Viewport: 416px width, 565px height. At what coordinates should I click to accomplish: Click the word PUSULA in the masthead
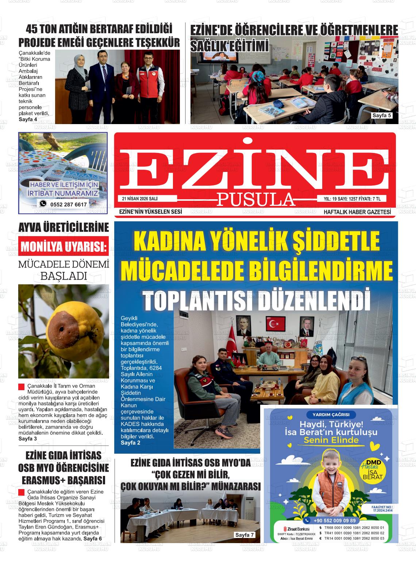[256, 199]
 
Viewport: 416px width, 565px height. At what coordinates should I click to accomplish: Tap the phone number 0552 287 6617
[69, 204]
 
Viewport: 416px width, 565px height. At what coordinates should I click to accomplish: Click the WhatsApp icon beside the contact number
[43, 204]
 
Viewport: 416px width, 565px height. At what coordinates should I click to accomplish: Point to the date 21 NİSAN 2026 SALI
[142, 199]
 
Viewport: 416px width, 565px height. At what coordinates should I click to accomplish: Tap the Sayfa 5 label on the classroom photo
[381, 116]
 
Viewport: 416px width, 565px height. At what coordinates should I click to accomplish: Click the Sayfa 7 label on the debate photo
[244, 535]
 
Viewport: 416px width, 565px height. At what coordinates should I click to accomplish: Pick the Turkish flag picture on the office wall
[276, 323]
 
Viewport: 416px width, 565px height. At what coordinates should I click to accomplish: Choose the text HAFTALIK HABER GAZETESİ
[357, 212]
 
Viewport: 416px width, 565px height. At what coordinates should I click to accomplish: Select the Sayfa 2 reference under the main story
[130, 443]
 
